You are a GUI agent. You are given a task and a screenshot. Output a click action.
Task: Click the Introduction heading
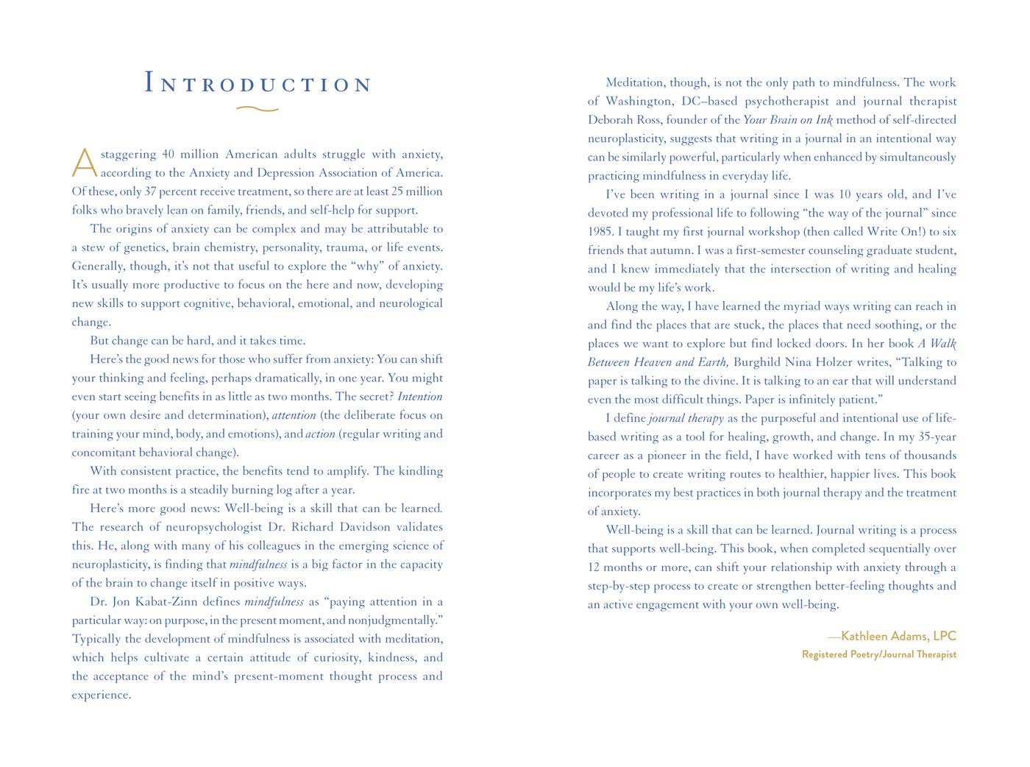coord(258,82)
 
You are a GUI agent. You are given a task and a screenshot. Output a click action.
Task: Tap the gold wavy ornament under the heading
coord(257,109)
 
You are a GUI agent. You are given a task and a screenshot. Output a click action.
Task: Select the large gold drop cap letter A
coord(84,163)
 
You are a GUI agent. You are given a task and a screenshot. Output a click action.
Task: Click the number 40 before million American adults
coord(168,155)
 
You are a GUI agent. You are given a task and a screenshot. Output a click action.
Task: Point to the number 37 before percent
coord(150,191)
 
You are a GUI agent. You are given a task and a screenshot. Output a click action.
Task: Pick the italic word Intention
coord(420,396)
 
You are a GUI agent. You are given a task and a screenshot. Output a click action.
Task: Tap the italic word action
coord(320,434)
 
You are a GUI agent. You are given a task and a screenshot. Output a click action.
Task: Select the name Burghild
coord(759,362)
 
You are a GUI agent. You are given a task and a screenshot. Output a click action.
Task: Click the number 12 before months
coord(594,568)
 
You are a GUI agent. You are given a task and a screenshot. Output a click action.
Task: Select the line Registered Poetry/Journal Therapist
coord(879,654)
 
